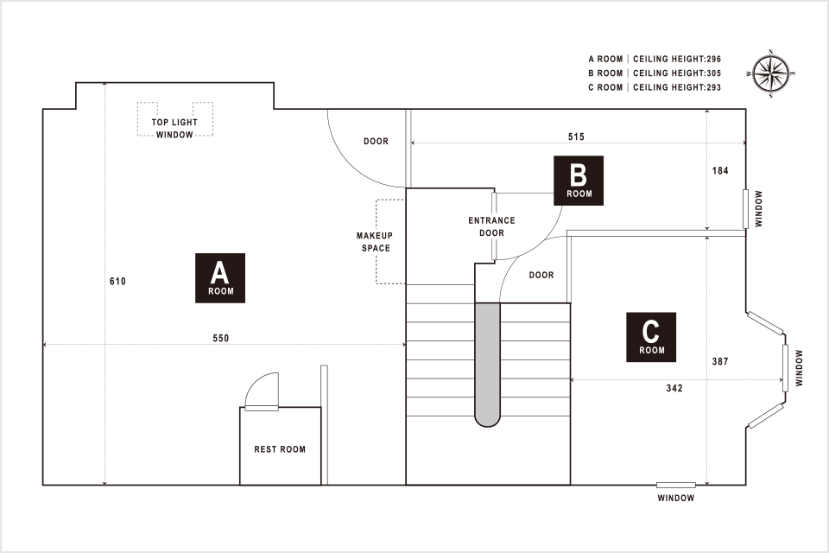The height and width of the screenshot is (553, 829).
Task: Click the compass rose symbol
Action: (770, 73)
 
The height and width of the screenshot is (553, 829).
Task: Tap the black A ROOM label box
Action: (220, 277)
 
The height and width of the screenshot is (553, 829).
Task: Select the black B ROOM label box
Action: (579, 180)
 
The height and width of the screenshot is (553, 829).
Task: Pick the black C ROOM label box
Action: (651, 336)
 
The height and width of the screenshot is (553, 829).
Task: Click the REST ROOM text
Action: (280, 449)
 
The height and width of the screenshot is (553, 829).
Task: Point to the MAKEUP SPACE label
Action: (375, 242)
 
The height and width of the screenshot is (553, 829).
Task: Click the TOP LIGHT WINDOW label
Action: (174, 129)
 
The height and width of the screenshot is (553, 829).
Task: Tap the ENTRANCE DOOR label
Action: (491, 226)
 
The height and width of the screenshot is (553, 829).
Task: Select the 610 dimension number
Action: (118, 282)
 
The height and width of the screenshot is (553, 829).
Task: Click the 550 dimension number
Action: (221, 338)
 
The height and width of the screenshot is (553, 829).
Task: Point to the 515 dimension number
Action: (577, 137)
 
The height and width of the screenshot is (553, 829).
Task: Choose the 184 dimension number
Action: (720, 170)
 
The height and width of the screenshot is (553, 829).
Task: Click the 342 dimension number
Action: (674, 389)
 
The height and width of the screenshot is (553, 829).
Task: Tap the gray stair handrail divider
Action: (488, 363)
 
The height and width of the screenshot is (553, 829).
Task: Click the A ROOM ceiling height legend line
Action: (654, 60)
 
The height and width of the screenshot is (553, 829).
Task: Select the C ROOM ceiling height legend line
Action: (654, 87)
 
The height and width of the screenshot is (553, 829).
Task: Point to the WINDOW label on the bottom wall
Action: (675, 499)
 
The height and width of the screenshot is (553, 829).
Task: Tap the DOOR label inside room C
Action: (541, 276)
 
